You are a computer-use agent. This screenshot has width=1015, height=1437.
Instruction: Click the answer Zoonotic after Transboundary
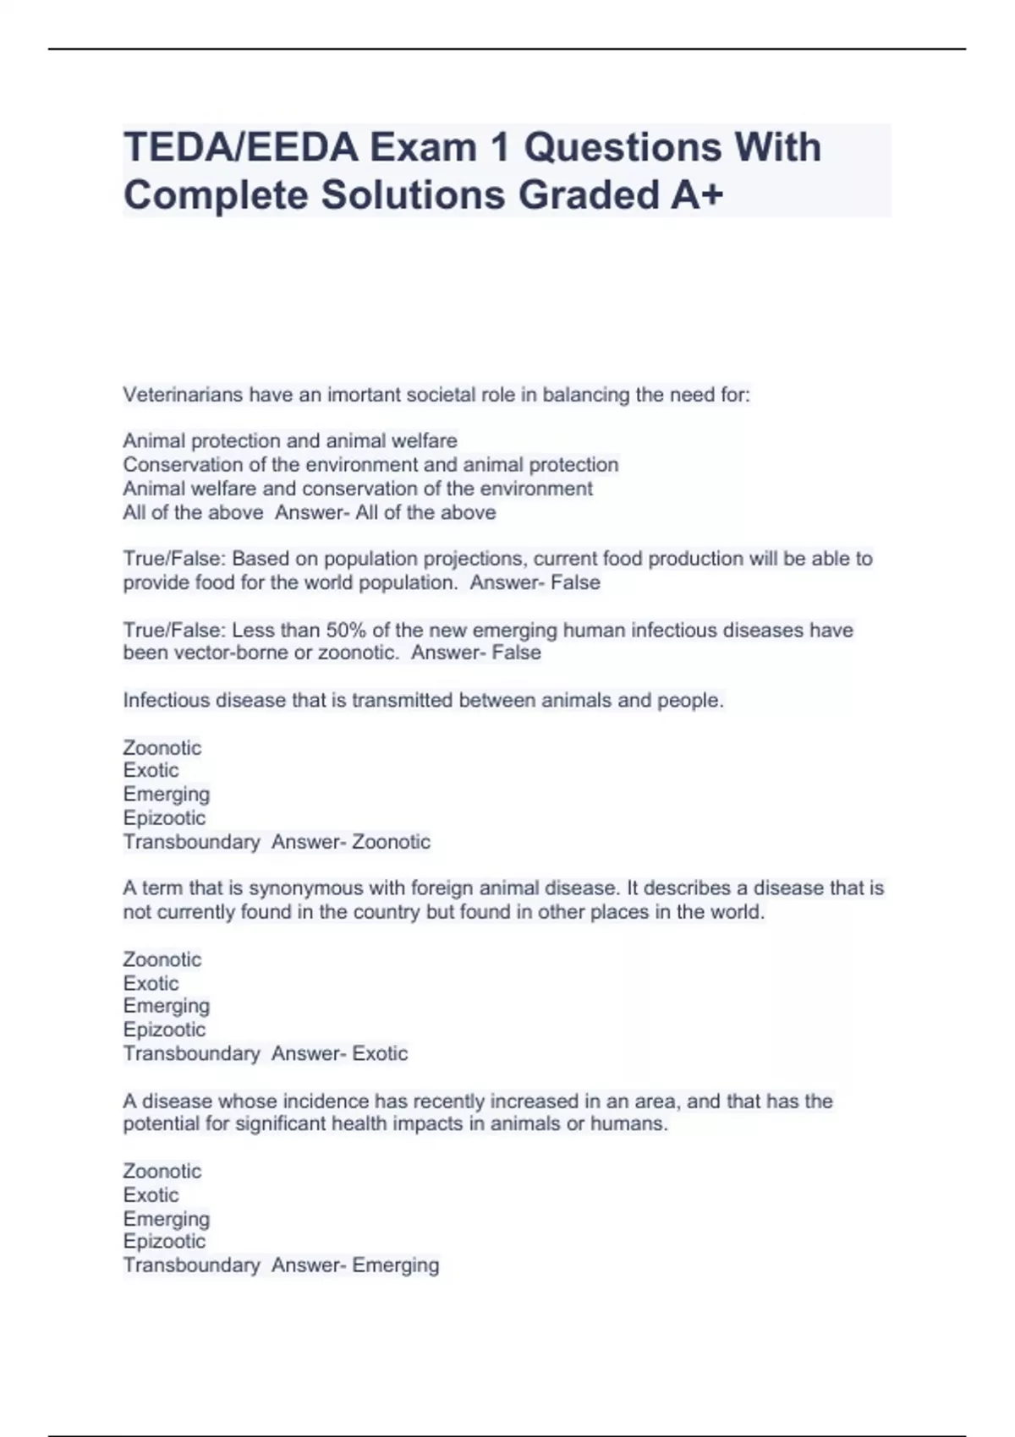391,842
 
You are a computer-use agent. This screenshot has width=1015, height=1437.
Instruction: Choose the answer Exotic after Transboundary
380,1053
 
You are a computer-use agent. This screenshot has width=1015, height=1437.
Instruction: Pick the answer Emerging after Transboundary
395,1265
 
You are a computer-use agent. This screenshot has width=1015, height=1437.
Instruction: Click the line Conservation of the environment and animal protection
370,465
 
